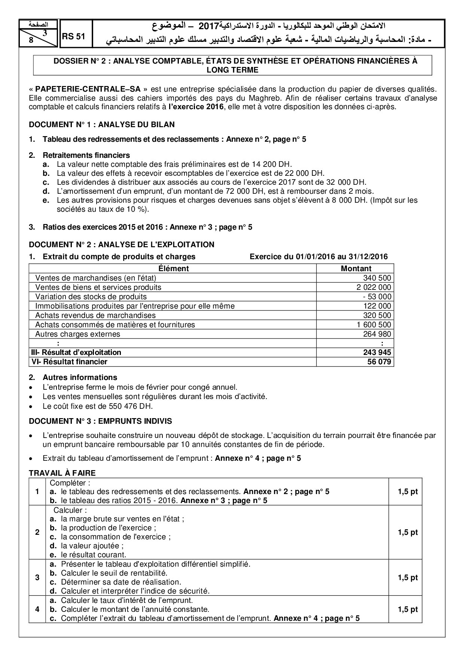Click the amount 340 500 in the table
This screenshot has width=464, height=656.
(x=377, y=278)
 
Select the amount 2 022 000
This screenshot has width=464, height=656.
(x=374, y=287)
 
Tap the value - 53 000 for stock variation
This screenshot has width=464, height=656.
(x=377, y=297)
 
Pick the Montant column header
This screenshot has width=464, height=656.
(x=356, y=269)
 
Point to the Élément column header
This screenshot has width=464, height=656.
(x=173, y=269)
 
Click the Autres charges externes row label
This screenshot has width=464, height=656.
(x=78, y=334)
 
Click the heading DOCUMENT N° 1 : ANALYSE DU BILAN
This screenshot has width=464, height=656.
(x=102, y=125)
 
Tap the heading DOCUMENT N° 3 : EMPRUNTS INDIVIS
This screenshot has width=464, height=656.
(x=100, y=421)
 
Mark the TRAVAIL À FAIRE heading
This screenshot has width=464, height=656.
(x=62, y=473)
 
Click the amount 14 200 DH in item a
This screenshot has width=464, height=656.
(x=276, y=164)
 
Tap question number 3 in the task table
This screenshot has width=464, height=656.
(x=37, y=577)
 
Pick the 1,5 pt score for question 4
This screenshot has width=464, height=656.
(x=407, y=609)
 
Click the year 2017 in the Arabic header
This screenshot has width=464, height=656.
(x=209, y=26)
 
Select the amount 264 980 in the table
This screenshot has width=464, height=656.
(x=377, y=334)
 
